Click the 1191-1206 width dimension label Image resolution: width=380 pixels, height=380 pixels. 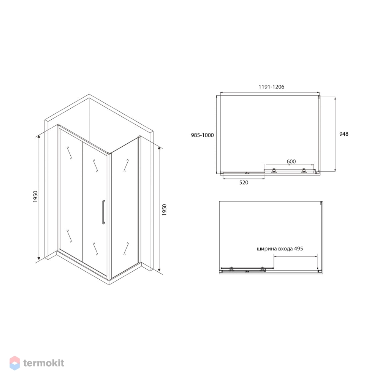coord(271,87)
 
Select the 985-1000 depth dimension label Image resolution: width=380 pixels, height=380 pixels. coord(203,135)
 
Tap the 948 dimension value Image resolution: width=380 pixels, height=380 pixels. coord(344,134)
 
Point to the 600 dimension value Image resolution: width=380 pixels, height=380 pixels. coord(291,161)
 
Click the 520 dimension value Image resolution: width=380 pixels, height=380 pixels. coord(244,182)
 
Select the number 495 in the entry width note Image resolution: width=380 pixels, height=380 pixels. coord(298,249)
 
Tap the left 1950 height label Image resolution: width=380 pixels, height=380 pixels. coord(36,197)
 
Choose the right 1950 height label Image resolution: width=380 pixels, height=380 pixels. coord(164,210)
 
